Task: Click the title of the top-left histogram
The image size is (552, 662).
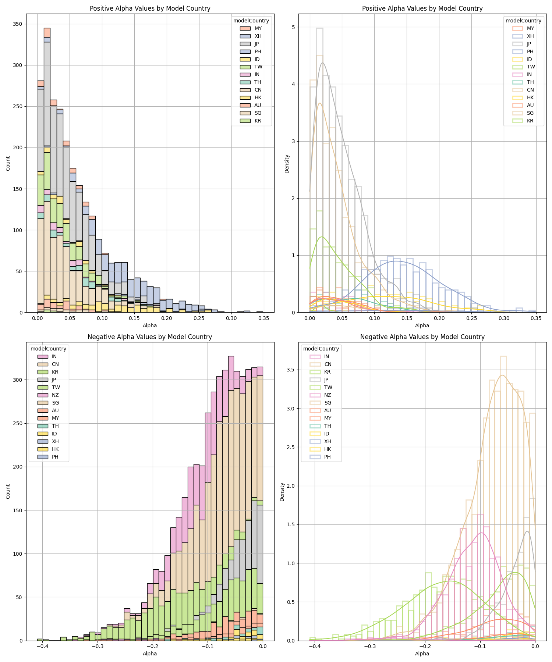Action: pos(150,8)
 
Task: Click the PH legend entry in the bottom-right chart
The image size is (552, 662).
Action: pos(321,457)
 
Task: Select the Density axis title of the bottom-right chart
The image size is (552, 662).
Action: pos(282,492)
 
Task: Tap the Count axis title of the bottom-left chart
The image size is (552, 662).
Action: pos(8,492)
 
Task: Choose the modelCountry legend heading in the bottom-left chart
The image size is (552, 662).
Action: pos(48,349)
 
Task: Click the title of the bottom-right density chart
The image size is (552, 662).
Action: pos(422,337)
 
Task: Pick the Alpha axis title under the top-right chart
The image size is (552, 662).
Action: pos(422,325)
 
